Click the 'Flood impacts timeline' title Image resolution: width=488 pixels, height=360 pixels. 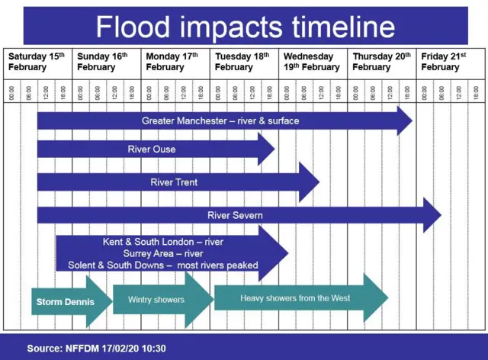[246, 27]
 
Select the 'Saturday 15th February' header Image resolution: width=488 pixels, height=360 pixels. [37, 62]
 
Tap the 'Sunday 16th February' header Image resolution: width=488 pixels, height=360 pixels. [102, 62]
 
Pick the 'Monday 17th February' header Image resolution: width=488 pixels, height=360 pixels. [172, 62]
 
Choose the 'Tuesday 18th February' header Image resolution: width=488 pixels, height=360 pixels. [242, 62]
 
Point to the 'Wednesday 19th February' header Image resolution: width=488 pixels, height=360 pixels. [312, 62]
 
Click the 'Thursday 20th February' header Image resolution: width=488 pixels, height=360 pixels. [381, 62]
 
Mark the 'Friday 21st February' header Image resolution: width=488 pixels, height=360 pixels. [444, 62]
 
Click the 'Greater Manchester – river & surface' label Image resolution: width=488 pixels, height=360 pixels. [220, 121]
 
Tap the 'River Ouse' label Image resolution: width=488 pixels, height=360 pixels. [152, 149]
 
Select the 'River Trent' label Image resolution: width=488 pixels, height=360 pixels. [174, 182]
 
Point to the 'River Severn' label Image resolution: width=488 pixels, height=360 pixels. [235, 215]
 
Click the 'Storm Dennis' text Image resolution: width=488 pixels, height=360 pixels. [66, 302]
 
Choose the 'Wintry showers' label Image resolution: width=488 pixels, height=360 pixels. [156, 300]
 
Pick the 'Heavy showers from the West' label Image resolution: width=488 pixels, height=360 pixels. [295, 298]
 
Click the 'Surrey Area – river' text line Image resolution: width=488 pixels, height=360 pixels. [163, 253]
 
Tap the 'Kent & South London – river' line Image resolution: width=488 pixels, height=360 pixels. [163, 242]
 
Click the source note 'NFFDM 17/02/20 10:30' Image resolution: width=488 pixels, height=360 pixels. [115, 348]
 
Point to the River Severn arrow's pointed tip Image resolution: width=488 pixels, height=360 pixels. [441, 215]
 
